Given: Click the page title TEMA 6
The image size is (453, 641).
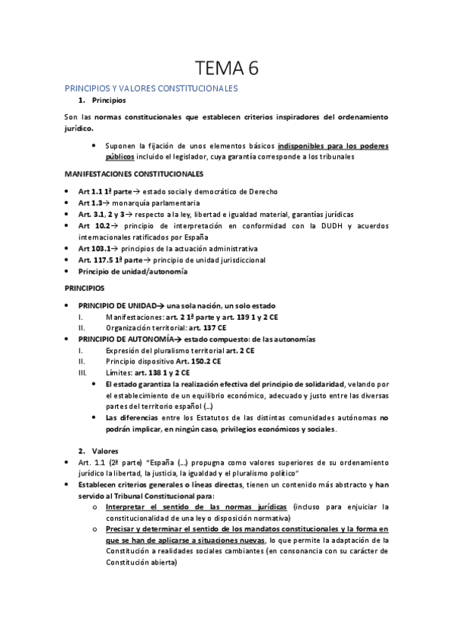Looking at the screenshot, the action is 226,69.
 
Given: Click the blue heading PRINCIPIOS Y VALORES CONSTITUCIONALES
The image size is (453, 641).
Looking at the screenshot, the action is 151,88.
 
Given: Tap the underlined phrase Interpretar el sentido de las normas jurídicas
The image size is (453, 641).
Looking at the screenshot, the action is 197,506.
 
